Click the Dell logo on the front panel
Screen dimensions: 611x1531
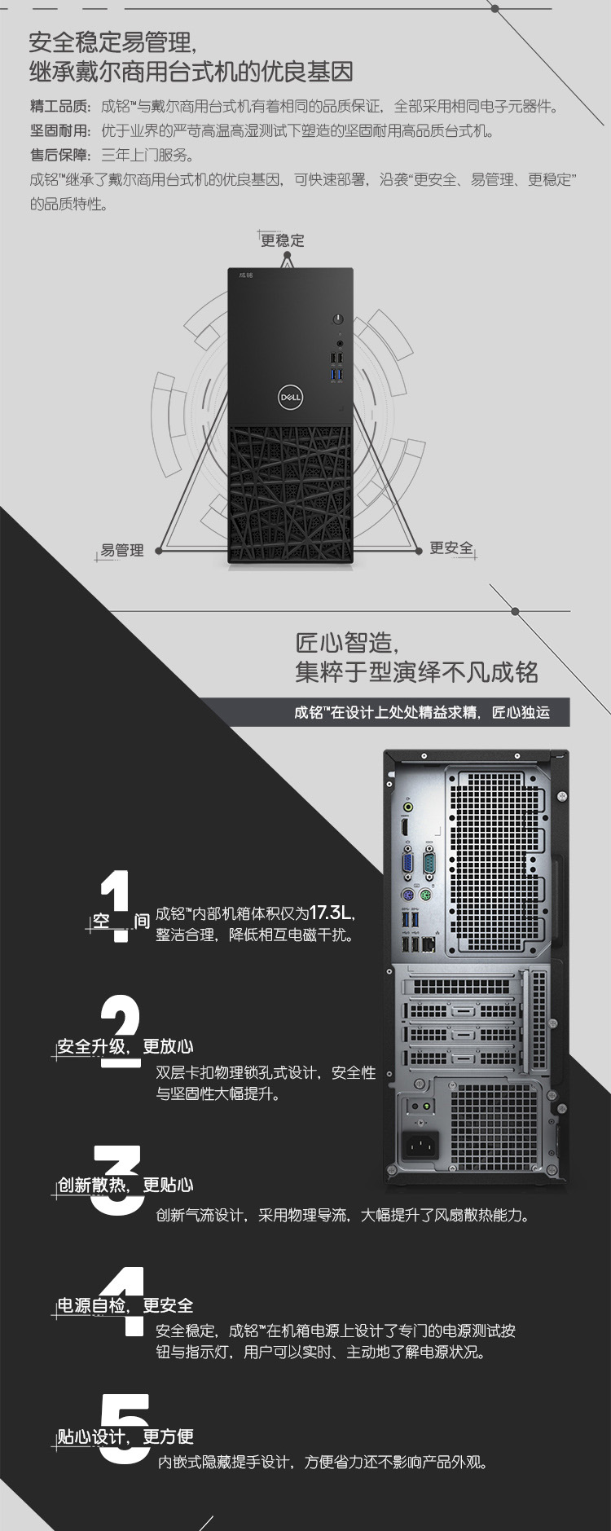pos(291,397)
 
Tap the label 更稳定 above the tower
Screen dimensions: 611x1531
pos(283,240)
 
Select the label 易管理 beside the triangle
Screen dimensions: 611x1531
pos(122,550)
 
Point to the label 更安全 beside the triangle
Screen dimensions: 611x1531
pos(451,548)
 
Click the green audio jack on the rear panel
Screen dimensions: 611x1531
pos(408,807)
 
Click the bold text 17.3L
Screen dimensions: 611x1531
pos(332,912)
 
